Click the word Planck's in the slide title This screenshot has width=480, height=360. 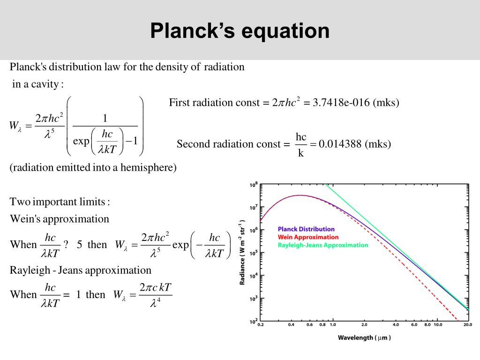[192, 30]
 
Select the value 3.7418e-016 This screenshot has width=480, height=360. [342, 103]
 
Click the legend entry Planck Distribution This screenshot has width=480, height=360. [306, 229]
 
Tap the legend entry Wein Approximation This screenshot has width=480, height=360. [308, 237]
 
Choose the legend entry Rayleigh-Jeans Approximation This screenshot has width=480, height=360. [323, 245]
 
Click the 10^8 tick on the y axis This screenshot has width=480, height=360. [254, 185]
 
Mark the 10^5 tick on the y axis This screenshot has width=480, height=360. [254, 253]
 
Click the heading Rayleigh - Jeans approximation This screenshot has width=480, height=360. [81, 270]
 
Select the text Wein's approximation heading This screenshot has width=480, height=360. [60, 219]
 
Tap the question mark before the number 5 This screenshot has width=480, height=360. [66, 245]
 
